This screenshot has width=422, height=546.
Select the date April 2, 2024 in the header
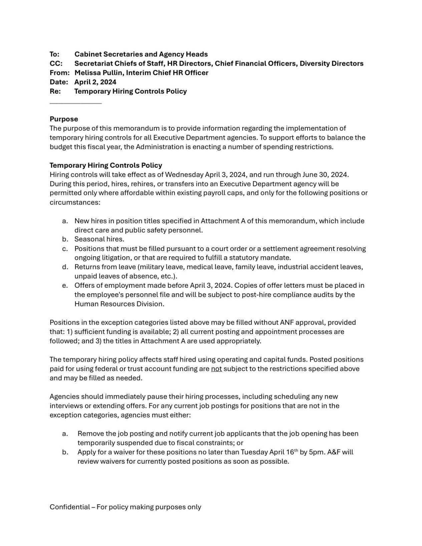(x=95, y=82)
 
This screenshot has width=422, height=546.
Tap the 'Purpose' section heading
(x=64, y=119)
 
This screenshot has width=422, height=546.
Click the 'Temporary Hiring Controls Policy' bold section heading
(x=106, y=165)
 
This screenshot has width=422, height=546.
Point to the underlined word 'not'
(x=216, y=369)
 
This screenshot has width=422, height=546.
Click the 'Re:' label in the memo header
(x=55, y=91)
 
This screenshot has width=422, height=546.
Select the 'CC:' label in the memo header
(x=56, y=63)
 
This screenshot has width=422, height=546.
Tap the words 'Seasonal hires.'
(x=99, y=239)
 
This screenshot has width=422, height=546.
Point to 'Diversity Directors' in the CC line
(x=331, y=63)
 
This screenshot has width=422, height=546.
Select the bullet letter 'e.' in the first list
(x=65, y=285)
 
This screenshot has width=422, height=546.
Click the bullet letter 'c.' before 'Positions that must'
(x=65, y=249)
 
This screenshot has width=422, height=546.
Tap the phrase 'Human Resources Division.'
(x=119, y=304)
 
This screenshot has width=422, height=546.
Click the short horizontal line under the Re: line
(x=75, y=103)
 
